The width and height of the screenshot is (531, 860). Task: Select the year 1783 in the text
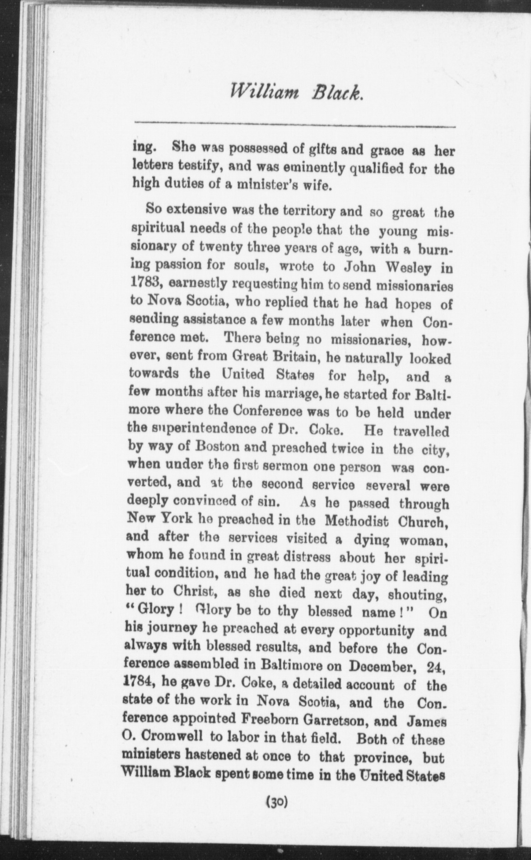pyautogui.click(x=143, y=285)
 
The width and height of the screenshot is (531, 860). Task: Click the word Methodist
pyautogui.click(x=357, y=522)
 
